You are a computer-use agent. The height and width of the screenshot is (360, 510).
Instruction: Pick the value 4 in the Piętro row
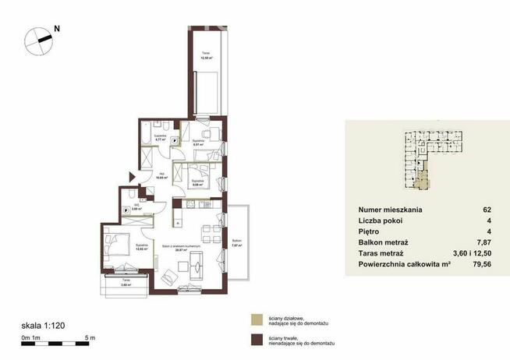click(x=488, y=231)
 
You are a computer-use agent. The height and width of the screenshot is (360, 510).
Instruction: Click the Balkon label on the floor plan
click(x=236, y=242)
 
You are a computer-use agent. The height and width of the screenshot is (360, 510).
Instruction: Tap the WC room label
click(x=135, y=208)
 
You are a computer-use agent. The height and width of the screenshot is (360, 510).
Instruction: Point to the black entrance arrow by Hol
click(x=133, y=177)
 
